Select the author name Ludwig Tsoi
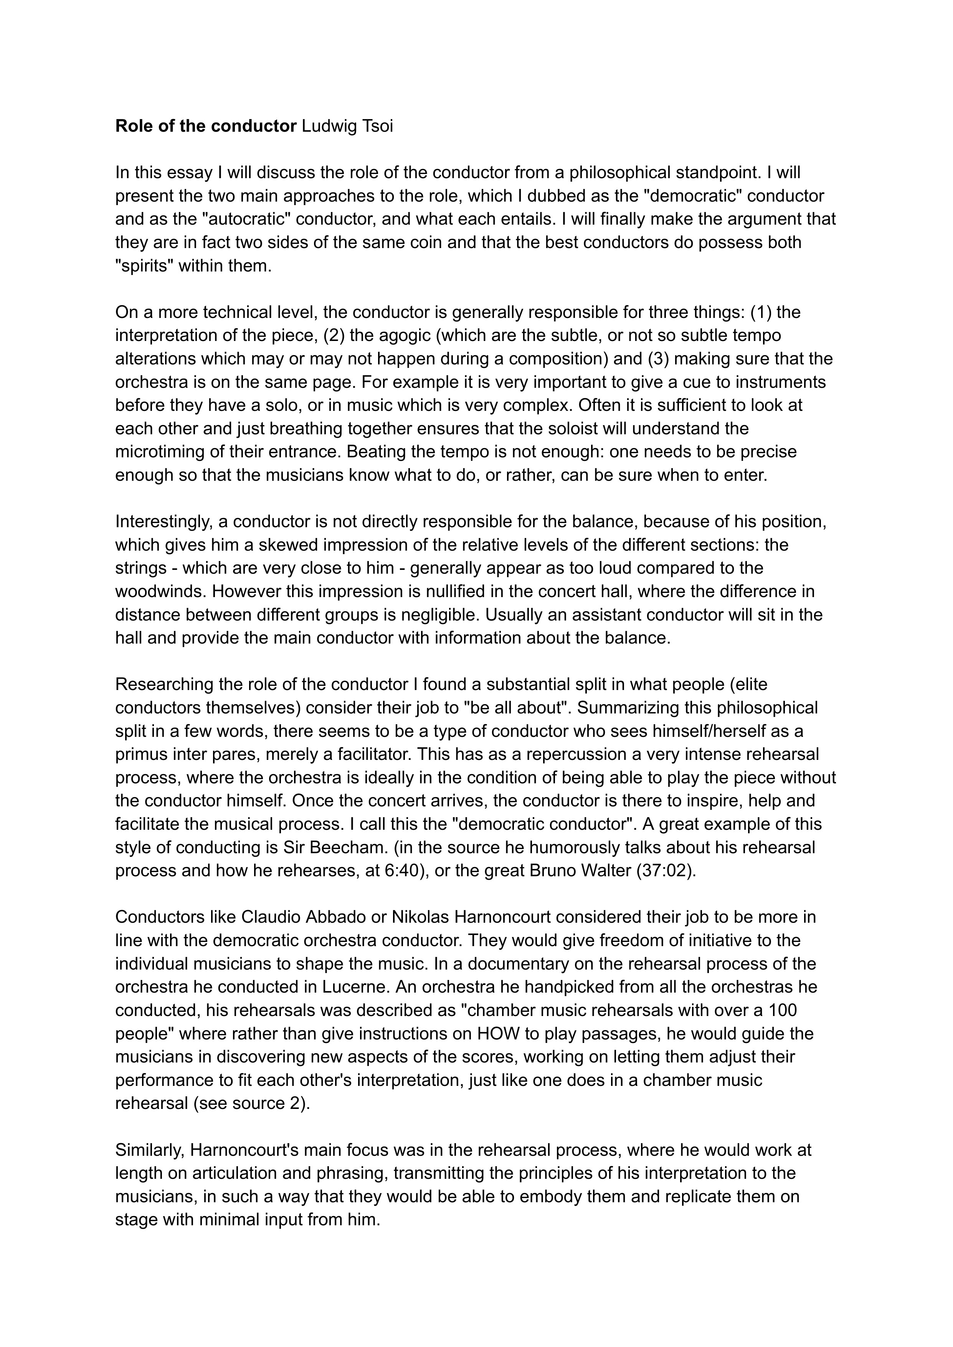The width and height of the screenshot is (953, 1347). pyautogui.click(x=347, y=126)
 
